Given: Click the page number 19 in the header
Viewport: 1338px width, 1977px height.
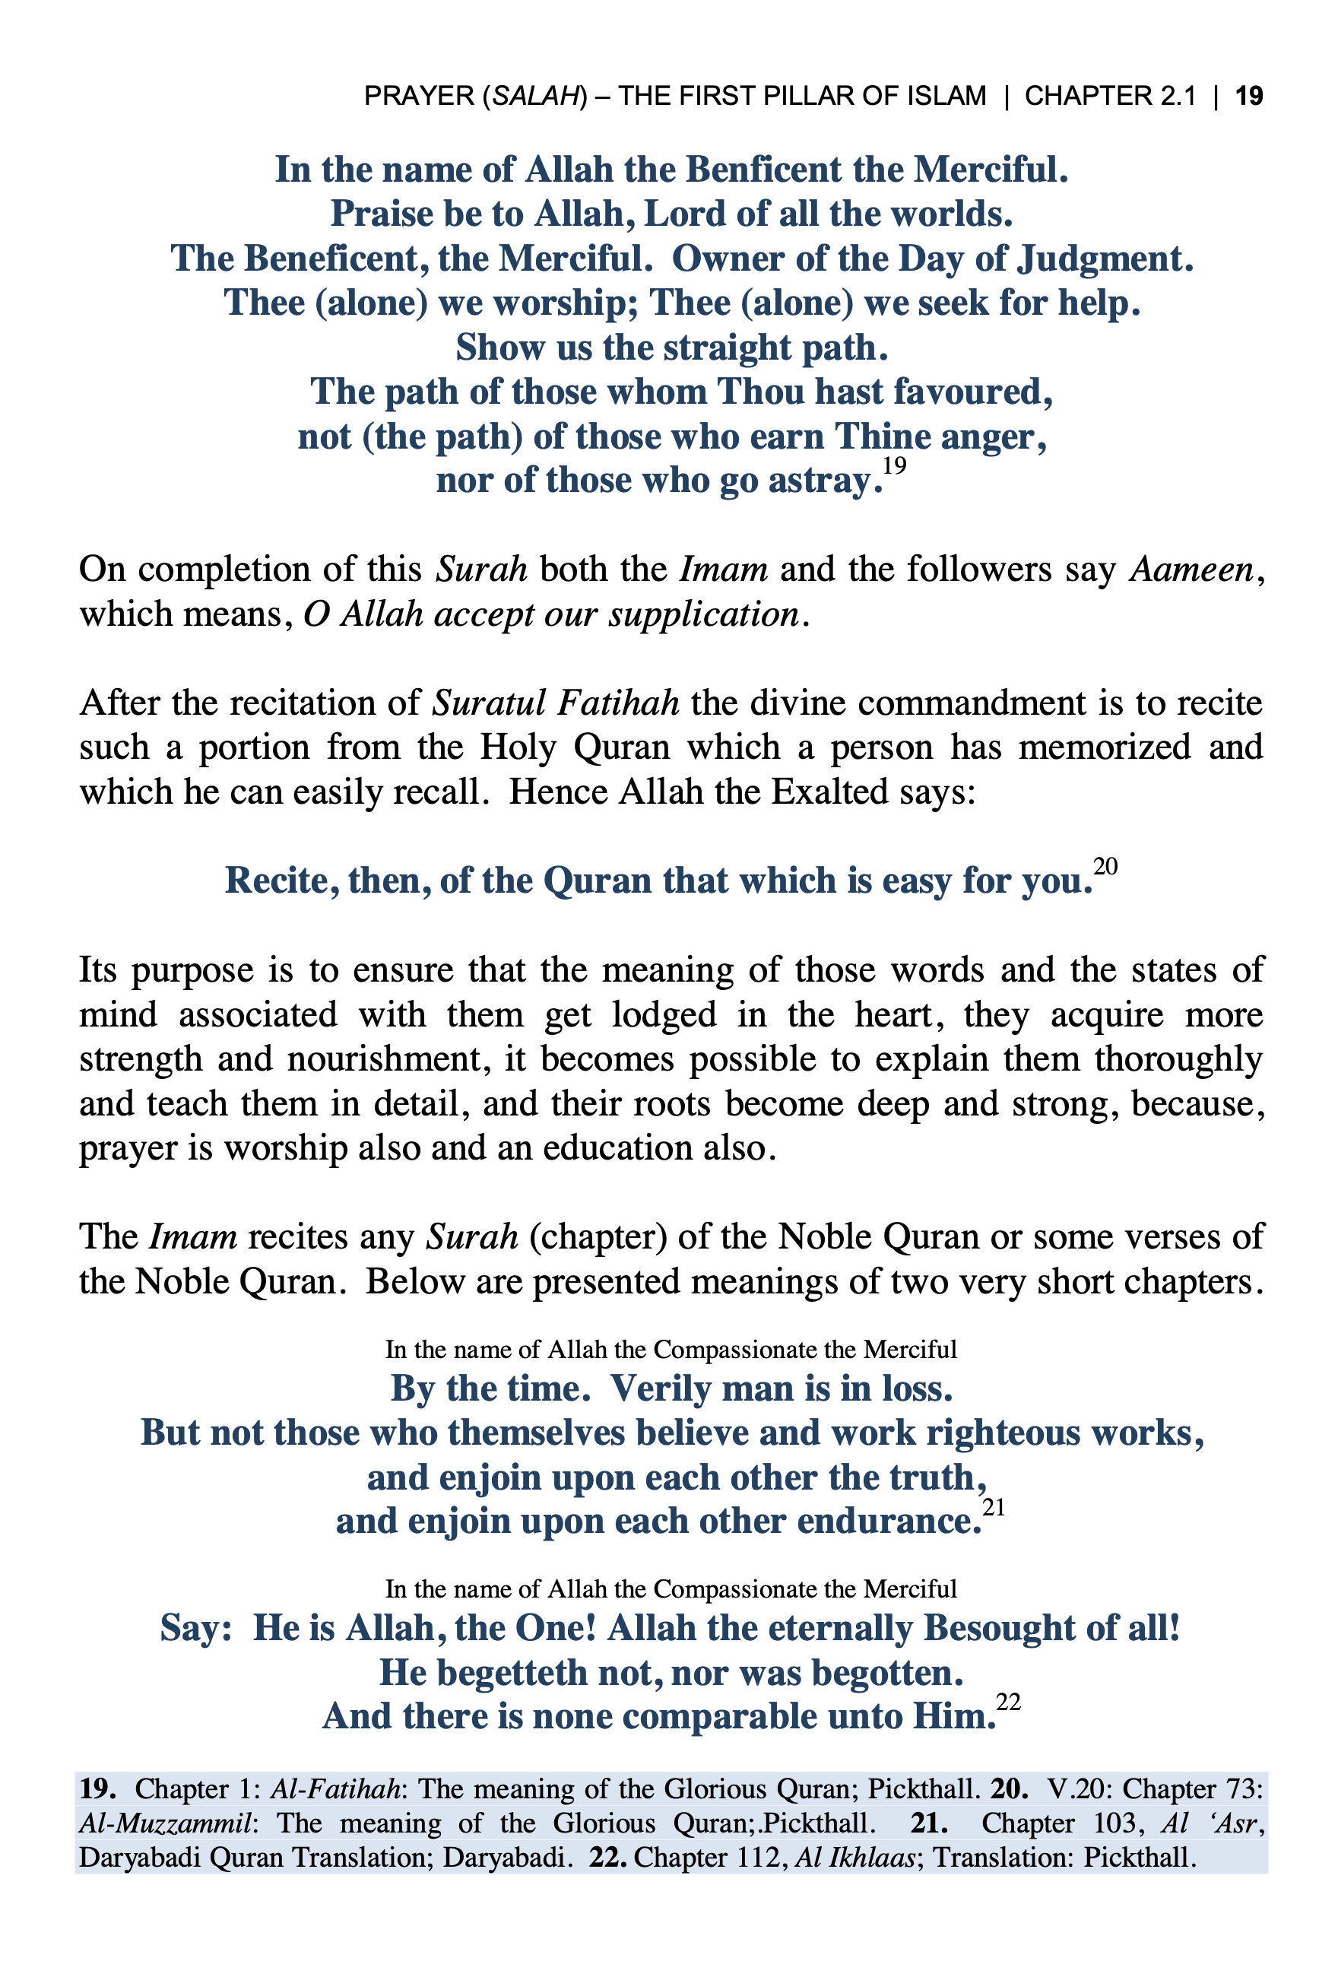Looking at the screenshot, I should point(1249,95).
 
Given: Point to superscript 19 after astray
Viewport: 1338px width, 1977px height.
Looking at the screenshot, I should point(894,465).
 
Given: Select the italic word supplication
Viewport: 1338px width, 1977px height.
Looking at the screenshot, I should point(703,614).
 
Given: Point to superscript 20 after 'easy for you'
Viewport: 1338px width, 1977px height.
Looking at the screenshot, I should point(1105,866).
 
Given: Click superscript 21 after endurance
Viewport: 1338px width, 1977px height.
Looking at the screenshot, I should point(994,1507).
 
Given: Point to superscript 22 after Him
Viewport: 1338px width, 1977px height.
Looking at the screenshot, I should point(1008,1703).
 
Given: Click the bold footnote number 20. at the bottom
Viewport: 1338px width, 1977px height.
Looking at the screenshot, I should point(1009,1789).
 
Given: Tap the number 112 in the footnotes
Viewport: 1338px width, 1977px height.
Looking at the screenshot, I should point(758,1857).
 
